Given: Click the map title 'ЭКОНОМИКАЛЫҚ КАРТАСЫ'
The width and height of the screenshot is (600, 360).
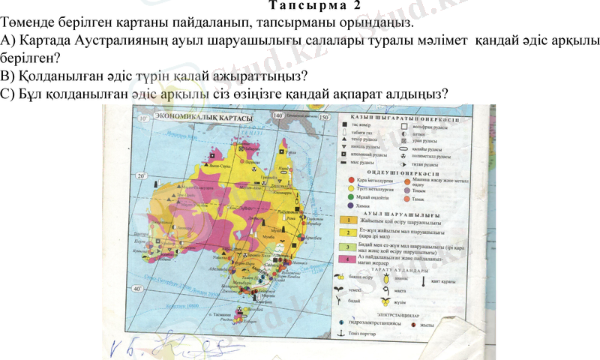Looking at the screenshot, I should click(202, 118).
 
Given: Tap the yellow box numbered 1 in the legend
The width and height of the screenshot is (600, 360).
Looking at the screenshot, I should click(348, 221).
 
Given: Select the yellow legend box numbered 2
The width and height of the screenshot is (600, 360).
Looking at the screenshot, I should click(348, 234).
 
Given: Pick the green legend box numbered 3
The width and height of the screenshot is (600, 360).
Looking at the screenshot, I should click(348, 247).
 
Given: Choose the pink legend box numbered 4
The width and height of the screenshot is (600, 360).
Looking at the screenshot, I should click(348, 259).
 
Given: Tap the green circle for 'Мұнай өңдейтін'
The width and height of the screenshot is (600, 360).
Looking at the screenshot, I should click(349, 197).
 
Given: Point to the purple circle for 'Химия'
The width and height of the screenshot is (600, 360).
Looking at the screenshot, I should click(349, 205).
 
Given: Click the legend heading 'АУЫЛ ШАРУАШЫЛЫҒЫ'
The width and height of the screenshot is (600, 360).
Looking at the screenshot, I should click(397, 212).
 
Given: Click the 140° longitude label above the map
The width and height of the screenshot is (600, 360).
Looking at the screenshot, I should click(278, 115).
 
